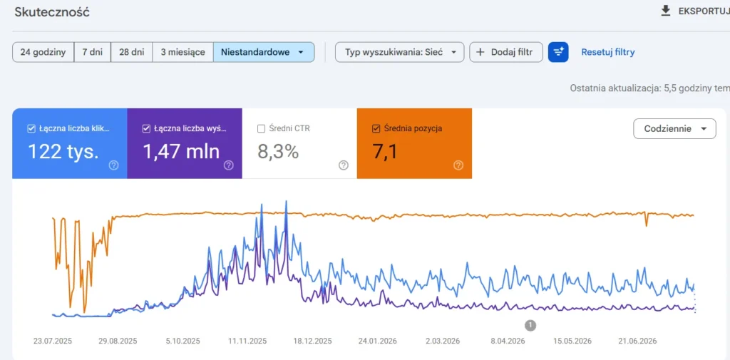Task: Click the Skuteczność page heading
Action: pyautogui.click(x=51, y=12)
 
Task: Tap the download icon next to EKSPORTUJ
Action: pyautogui.click(x=666, y=11)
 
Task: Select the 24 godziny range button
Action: pyautogui.click(x=43, y=52)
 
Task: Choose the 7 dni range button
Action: pyautogui.click(x=92, y=52)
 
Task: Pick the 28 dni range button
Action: pyautogui.click(x=131, y=52)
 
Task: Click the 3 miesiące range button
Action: pyautogui.click(x=183, y=52)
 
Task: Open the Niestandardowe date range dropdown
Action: pyautogui.click(x=264, y=52)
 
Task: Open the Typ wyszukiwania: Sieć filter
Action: pyautogui.click(x=399, y=52)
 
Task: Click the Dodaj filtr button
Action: pyautogui.click(x=506, y=52)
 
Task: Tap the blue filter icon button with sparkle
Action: pyautogui.click(x=558, y=52)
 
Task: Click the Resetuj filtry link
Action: pyautogui.click(x=607, y=52)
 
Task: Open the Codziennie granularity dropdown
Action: pyautogui.click(x=674, y=128)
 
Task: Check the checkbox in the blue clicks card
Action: pyautogui.click(x=31, y=129)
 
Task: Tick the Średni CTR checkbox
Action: pyautogui.click(x=261, y=129)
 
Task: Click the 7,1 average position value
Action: pyautogui.click(x=385, y=151)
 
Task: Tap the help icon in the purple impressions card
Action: pyautogui.click(x=229, y=165)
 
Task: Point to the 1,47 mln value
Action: pyautogui.click(x=181, y=151)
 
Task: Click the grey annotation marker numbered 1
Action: pyautogui.click(x=530, y=325)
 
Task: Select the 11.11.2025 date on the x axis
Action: pyautogui.click(x=247, y=341)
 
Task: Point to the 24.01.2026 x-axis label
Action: pyautogui.click(x=377, y=341)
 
